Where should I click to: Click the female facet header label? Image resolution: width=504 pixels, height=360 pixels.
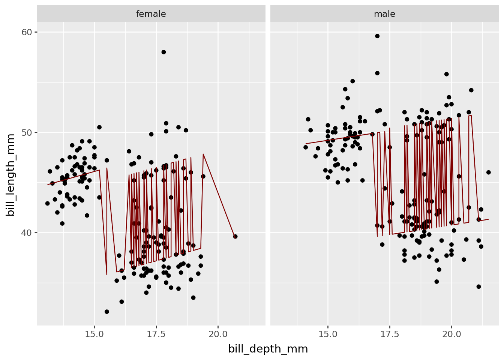tap(151, 14)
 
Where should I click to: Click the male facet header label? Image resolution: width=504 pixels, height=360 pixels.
tap(384, 14)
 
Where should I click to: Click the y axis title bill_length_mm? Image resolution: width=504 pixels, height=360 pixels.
tap(10, 175)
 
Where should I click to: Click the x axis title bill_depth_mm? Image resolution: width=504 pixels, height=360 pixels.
tap(268, 349)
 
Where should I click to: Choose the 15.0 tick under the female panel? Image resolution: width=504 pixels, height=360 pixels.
tap(94, 334)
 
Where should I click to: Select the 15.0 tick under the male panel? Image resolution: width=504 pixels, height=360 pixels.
tap(328, 334)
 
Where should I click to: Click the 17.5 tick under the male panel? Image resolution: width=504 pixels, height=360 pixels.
tap(390, 334)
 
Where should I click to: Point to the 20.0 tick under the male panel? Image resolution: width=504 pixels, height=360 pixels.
tap(451, 334)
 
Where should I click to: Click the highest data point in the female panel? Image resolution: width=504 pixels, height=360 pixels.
tap(163, 52)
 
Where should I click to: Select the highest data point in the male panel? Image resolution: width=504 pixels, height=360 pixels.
tap(377, 36)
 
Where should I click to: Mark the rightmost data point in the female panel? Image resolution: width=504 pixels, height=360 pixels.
tap(235, 237)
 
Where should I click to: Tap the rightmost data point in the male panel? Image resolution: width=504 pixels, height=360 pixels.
tap(488, 172)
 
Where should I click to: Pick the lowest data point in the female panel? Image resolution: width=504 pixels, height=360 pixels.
tap(107, 312)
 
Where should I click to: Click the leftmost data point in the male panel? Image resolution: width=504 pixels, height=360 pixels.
tap(306, 147)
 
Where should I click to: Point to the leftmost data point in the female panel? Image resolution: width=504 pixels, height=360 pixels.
tap(48, 204)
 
